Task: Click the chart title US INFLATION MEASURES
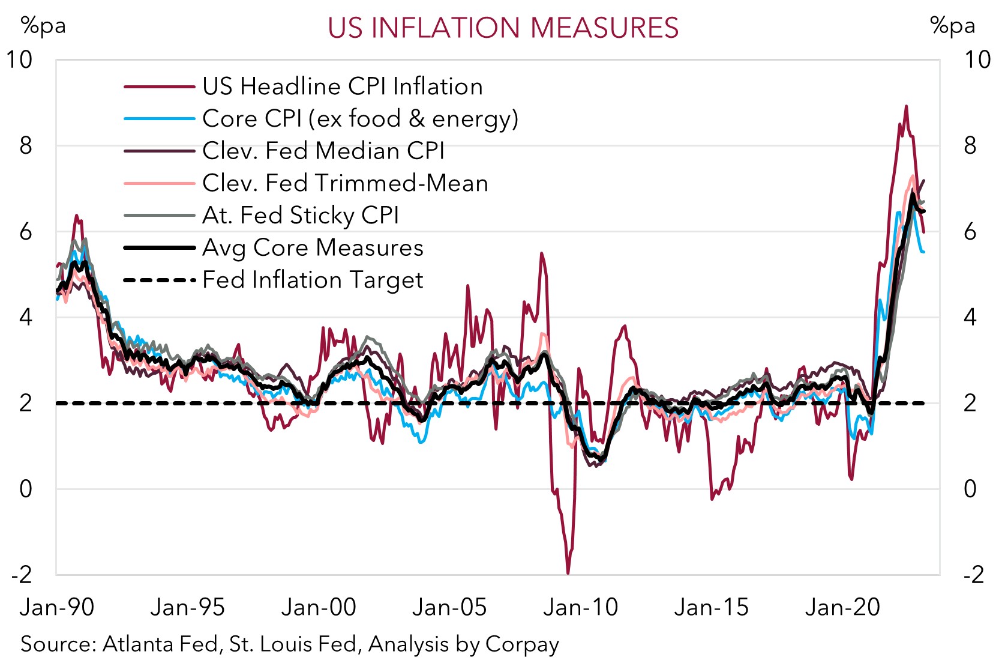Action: tap(503, 28)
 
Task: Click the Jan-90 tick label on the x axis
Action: tap(57, 607)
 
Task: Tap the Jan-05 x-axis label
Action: tap(449, 607)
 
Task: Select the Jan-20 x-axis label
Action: tap(842, 607)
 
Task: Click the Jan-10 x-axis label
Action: tap(580, 607)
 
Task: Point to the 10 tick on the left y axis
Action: tap(19, 59)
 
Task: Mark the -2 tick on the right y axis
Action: tap(974, 575)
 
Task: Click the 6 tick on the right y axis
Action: tap(970, 231)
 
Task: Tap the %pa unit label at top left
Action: tap(43, 26)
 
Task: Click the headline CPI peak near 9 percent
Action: tap(906, 107)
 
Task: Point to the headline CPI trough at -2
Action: tap(568, 572)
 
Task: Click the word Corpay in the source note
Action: tap(522, 644)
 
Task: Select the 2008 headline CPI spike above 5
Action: tap(541, 254)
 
